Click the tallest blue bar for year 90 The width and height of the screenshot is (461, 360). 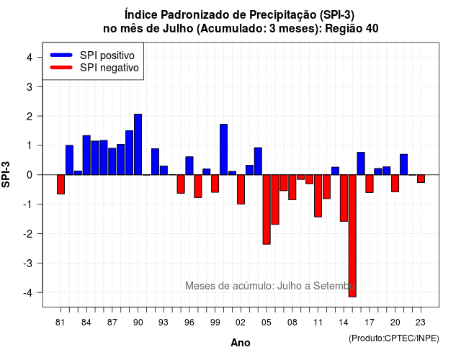[x=138, y=144]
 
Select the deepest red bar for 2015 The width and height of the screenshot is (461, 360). [x=352, y=235]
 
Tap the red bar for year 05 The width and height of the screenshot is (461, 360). [x=267, y=210]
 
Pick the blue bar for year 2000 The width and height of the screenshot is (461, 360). [x=223, y=149]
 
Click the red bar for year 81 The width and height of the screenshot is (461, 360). [x=61, y=184]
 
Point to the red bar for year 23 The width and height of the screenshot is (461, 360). [x=421, y=179]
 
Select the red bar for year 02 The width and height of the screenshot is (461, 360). [x=241, y=189]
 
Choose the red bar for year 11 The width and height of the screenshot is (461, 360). [x=318, y=196]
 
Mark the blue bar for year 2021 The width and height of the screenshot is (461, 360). [x=403, y=165]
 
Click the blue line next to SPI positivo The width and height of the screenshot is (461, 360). [x=61, y=55]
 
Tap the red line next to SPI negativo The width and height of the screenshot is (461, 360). [x=61, y=67]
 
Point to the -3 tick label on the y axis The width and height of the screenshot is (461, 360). [x=28, y=263]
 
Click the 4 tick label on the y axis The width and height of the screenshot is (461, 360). [x=30, y=58]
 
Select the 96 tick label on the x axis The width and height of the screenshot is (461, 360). [x=189, y=323]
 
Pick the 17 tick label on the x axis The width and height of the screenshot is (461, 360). [x=370, y=323]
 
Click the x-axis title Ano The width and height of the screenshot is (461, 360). [x=241, y=343]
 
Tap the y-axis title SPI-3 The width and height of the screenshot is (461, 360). [x=6, y=174]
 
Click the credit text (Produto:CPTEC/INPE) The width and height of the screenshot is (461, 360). [x=394, y=338]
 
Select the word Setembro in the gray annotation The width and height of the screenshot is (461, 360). [x=334, y=286]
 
